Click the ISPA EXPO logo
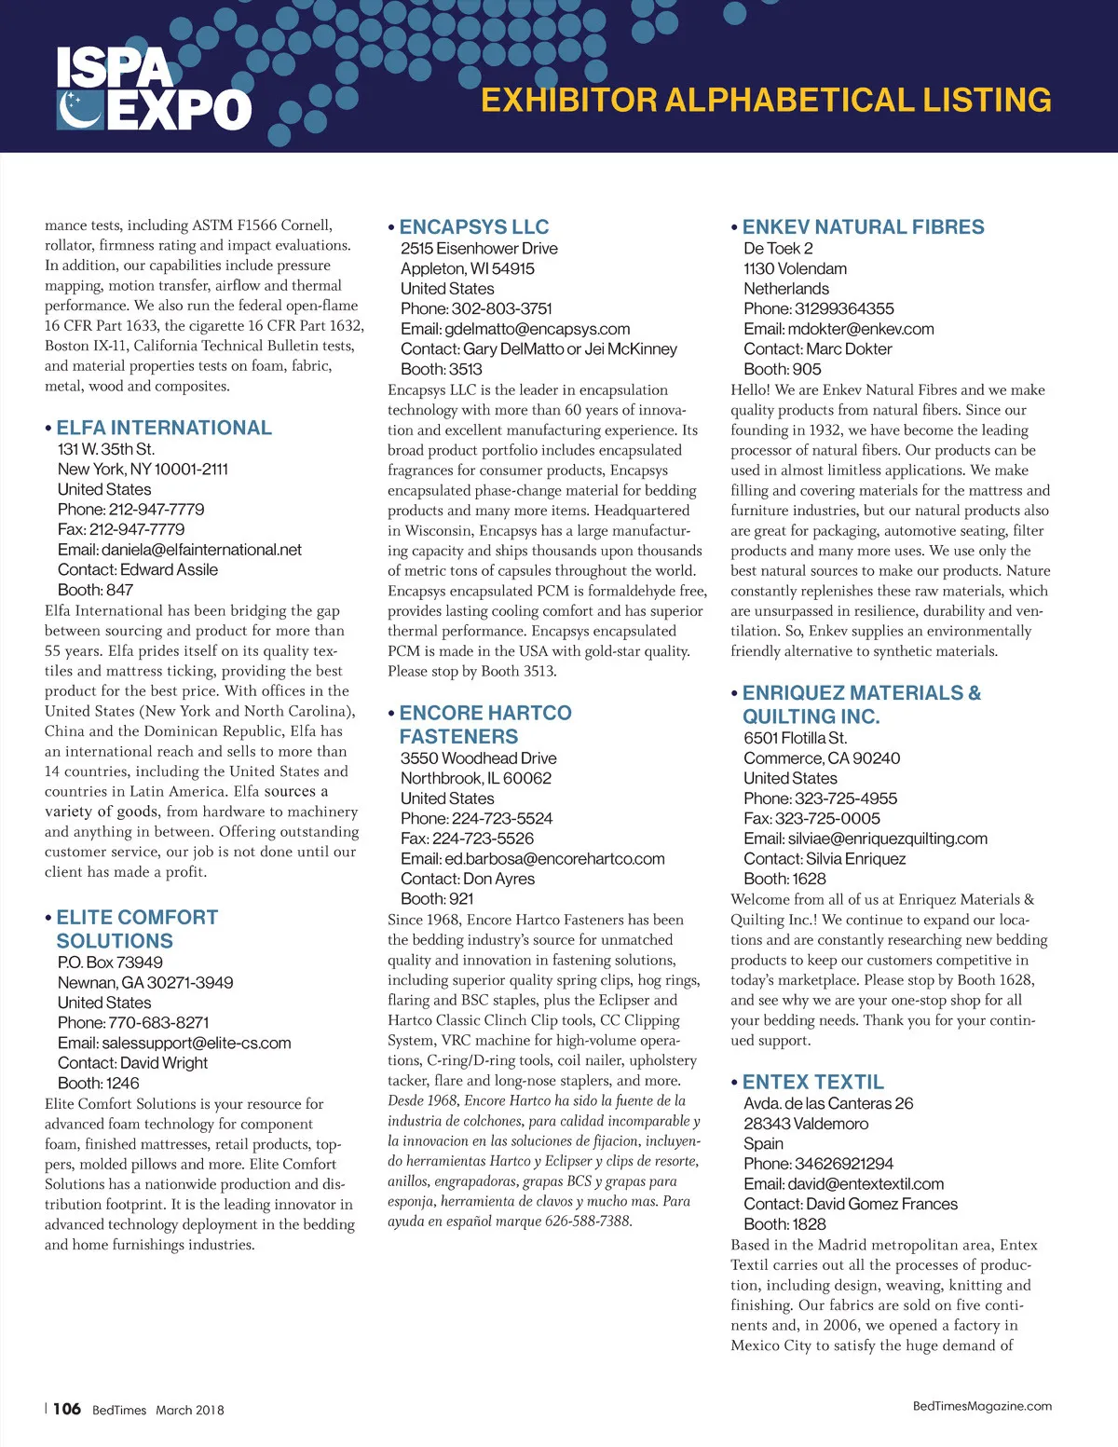(154, 90)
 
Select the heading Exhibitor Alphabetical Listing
(766, 101)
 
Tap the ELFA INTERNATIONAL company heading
(164, 428)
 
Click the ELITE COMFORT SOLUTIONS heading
(137, 929)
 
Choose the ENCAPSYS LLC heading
(474, 227)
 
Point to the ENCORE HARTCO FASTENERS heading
(485, 724)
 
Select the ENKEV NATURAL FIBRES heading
(863, 227)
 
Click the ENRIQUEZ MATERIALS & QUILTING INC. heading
(861, 704)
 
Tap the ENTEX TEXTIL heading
(812, 1082)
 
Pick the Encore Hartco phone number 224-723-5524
(502, 818)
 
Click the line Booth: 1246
(99, 1083)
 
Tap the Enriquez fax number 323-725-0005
(827, 818)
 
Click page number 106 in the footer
(67, 1409)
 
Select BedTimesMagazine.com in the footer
(982, 1406)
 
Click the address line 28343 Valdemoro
(806, 1124)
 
